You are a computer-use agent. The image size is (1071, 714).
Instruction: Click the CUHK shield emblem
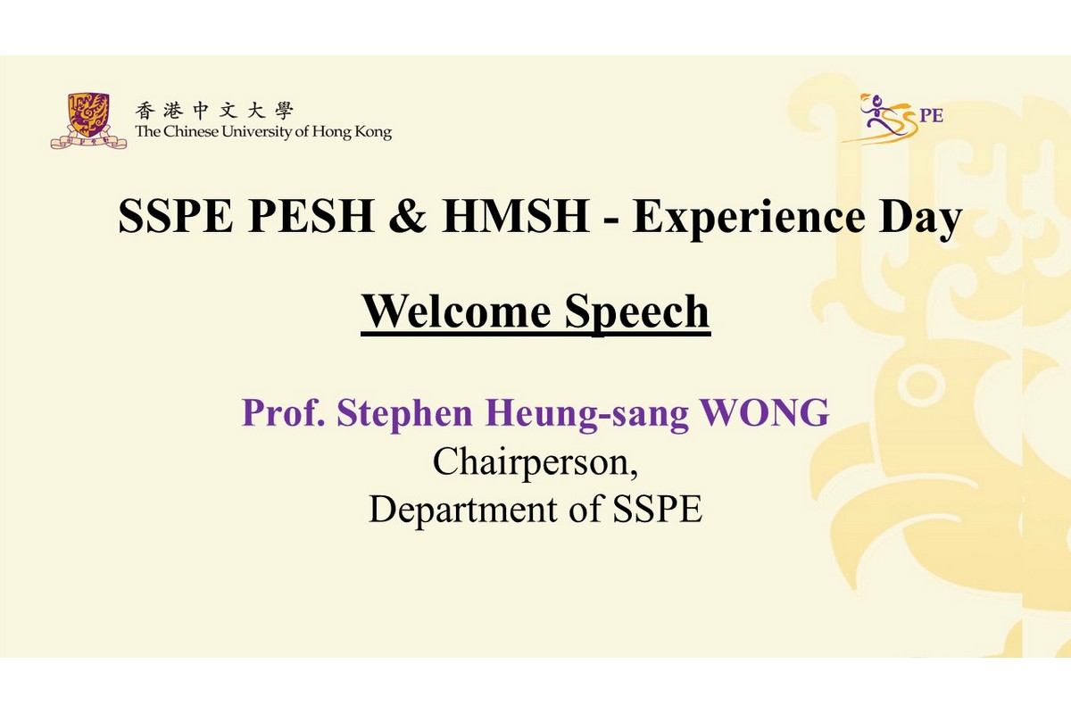(x=88, y=121)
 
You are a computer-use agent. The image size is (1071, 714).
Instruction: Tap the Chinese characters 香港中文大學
(x=213, y=112)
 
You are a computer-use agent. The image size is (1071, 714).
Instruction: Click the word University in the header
(x=257, y=131)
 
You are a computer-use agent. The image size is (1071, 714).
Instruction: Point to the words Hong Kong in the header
(x=352, y=132)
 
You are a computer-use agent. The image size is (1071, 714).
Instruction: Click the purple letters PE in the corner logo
(x=931, y=116)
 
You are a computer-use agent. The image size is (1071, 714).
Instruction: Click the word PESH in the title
(x=311, y=217)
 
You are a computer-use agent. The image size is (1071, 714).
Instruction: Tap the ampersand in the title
(x=407, y=217)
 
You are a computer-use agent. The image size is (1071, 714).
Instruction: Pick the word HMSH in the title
(x=515, y=217)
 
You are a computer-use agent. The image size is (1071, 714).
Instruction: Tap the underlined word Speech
(x=637, y=313)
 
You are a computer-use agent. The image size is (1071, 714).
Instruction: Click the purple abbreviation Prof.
(x=284, y=412)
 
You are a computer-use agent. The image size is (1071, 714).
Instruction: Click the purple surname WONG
(x=765, y=412)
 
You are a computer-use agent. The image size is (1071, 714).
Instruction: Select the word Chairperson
(x=535, y=463)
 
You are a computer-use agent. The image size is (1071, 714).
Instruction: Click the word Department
(x=463, y=510)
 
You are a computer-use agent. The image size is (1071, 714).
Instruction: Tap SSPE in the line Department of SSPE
(x=657, y=509)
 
